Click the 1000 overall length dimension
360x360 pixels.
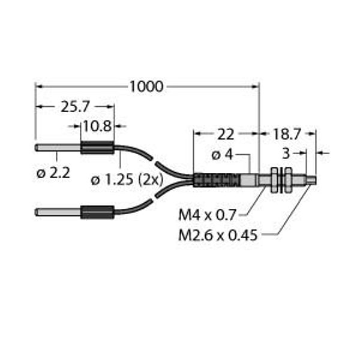[x=146, y=87]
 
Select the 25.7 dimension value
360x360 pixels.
[x=75, y=107]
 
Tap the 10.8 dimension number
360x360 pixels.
[x=97, y=126]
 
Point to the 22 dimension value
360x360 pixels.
[x=226, y=134]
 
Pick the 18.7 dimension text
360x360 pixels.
[x=286, y=134]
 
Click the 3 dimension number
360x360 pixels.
[x=286, y=154]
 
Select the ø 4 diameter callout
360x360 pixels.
[x=222, y=155]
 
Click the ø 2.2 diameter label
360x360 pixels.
[x=53, y=173]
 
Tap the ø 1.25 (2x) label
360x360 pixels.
[x=127, y=179]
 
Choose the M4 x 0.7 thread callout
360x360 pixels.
[x=208, y=215]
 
